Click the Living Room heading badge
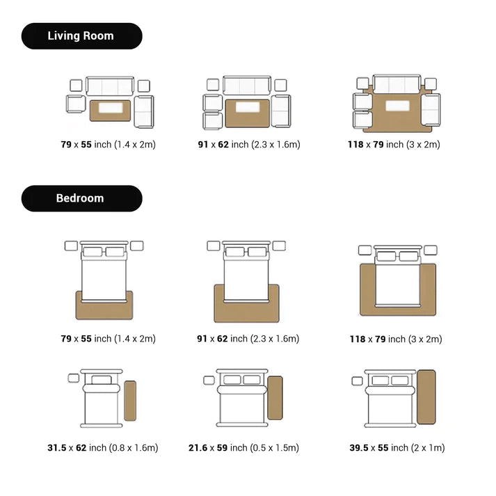coord(81,36)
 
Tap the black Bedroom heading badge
coord(81,198)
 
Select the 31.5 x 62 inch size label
coord(102,448)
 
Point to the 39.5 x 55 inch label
coord(397,448)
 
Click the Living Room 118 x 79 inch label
coord(394,145)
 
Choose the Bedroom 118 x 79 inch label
coord(395,339)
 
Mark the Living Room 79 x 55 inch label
coord(108,145)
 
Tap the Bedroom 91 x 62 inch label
coord(248,339)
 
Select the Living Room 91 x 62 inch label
coord(248,145)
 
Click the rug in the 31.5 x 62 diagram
coord(130,401)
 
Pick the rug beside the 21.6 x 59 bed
coord(275,398)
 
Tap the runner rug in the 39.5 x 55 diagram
coord(426,397)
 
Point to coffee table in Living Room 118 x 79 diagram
coord(397,106)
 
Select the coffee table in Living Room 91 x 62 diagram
coord(247,108)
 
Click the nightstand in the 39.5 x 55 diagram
coord(358,381)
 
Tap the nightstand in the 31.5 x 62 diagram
coord(74,378)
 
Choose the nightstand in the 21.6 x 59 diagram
coord(209,381)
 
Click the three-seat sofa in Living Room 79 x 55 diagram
coord(110,86)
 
